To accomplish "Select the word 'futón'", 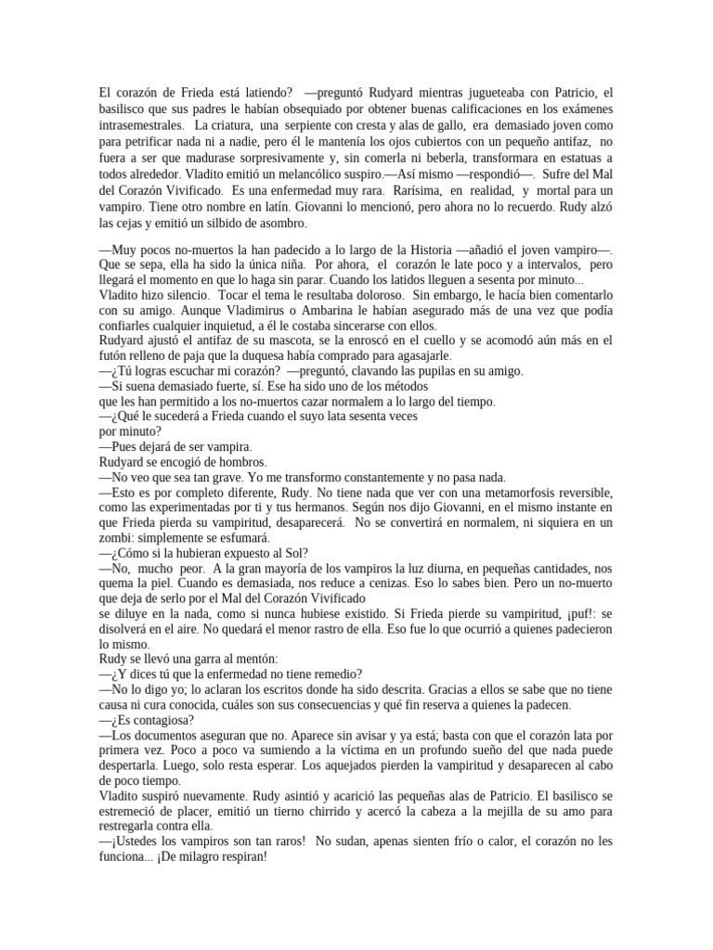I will pos(114,356).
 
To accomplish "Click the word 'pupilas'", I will pos(422,371).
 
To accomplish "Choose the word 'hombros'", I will pos(240,461).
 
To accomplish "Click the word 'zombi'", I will pos(115,536).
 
